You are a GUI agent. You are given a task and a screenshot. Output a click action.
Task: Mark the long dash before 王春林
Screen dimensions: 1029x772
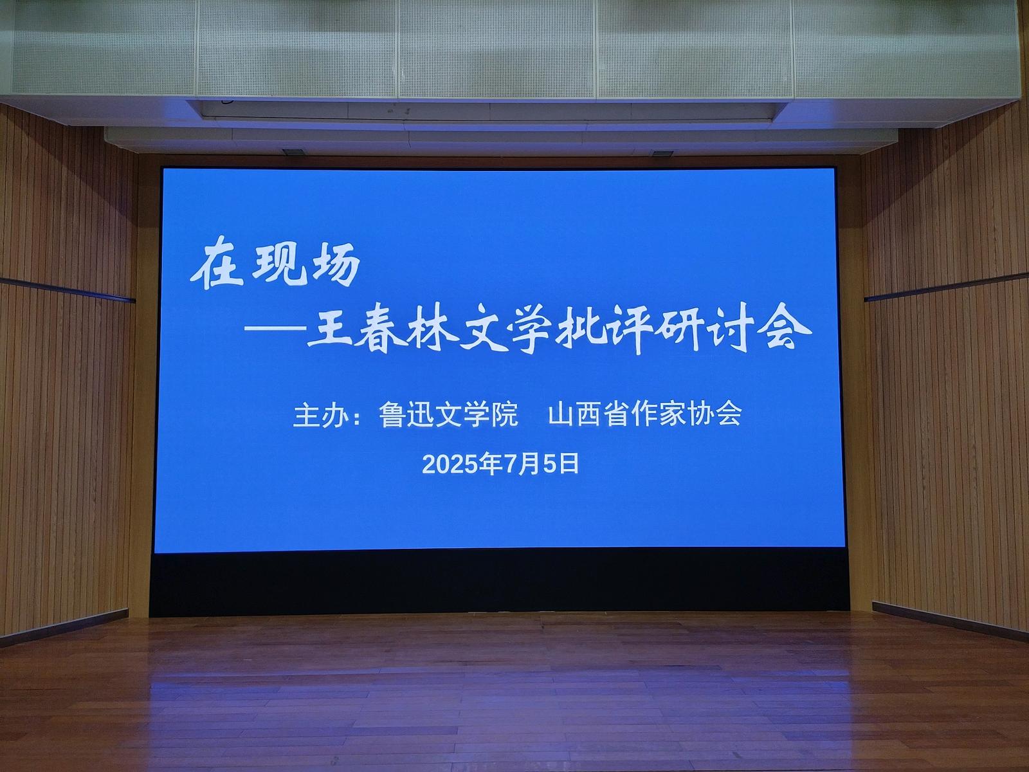coord(275,329)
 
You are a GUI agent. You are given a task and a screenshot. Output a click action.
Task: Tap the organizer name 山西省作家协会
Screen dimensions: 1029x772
coord(644,414)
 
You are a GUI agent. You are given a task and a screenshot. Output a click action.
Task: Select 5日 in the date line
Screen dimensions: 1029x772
coord(561,464)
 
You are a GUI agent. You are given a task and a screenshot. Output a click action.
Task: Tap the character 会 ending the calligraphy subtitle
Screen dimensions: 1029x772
coord(788,331)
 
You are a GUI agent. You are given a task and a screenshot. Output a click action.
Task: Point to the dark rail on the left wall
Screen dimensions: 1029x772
coord(68,289)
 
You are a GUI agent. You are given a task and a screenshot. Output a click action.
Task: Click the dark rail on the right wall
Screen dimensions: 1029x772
coord(947,286)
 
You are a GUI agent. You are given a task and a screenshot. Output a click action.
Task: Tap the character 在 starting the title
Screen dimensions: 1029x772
coord(217,268)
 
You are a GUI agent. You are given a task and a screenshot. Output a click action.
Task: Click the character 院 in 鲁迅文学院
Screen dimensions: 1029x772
coord(505,414)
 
